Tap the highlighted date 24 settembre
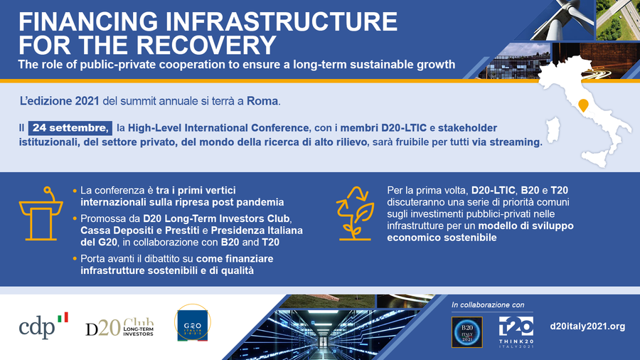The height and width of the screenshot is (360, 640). click(70, 128)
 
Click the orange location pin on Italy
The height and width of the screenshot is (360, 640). click(583, 106)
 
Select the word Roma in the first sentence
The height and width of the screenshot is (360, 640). click(262, 101)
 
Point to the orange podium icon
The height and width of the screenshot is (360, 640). click(41, 213)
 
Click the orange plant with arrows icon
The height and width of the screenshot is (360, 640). click(355, 213)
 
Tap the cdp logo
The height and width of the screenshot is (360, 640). click(43, 326)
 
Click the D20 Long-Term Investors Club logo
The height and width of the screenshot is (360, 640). click(119, 327)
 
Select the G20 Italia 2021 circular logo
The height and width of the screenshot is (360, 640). click(193, 323)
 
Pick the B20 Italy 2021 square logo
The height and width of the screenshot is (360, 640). click(467, 332)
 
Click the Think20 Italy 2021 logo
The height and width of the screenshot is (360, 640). click(516, 332)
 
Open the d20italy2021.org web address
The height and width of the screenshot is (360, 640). click(588, 326)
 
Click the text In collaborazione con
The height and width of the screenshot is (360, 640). click(488, 305)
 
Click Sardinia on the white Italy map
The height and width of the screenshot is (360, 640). click(553, 129)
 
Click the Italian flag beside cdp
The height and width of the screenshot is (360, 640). click(63, 317)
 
